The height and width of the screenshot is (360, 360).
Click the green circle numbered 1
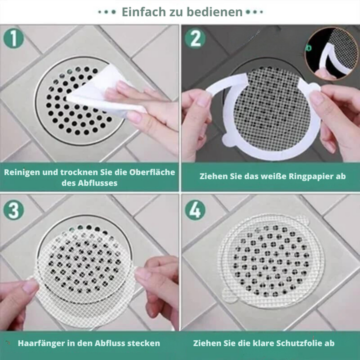click(x=13, y=38)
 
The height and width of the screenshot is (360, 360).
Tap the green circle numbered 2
click(x=195, y=38)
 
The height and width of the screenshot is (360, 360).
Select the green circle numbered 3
click(x=13, y=210)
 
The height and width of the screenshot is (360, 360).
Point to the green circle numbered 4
click(x=195, y=210)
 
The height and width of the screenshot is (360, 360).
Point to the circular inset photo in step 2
click(x=332, y=53)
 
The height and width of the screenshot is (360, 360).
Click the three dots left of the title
click(x=107, y=12)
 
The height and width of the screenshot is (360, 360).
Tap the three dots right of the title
click(x=254, y=12)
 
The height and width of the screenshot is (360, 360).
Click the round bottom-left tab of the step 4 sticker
click(x=229, y=295)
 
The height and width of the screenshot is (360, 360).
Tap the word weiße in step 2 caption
click(x=274, y=176)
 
